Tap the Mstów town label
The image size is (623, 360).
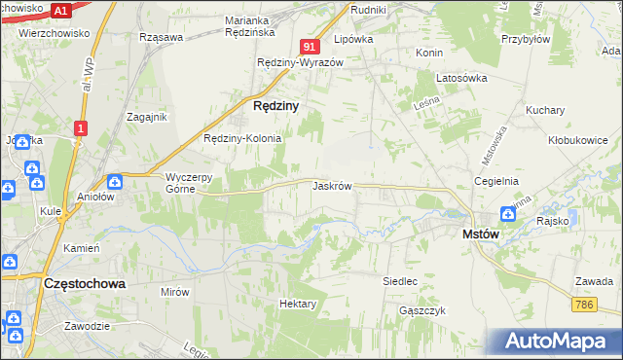tap(481, 234)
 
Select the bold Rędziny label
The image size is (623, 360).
tap(275, 104)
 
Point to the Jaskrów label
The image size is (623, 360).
tap(332, 185)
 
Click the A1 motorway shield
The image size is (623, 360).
tap(60, 11)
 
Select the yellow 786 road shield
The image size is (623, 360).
tap(584, 305)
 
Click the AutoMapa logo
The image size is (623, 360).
tap(557, 342)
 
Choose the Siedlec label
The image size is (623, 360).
tap(400, 281)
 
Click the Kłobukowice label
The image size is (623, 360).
tap(577, 140)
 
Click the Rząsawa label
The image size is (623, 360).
tap(162, 38)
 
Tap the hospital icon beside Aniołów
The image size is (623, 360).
tap(114, 181)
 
